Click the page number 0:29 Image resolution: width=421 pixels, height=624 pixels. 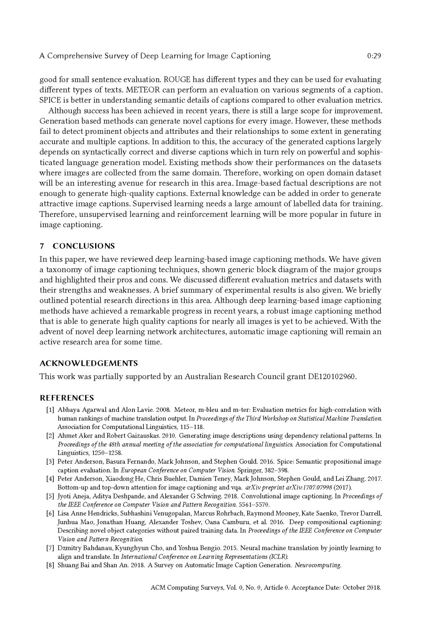[x=373, y=56]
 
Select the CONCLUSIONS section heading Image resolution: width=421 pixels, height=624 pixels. [x=84, y=246]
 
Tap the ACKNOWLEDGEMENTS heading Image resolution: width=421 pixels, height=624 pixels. [x=88, y=363]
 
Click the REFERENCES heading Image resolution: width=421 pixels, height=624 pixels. [x=67, y=398]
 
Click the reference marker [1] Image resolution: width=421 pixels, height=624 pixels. [x=50, y=410]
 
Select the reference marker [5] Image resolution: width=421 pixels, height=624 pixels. [x=50, y=496]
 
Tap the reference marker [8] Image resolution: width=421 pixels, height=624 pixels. [x=50, y=565]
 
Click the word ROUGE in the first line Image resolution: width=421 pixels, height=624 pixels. [x=177, y=80]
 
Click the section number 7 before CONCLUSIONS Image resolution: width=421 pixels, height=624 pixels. [x=42, y=246]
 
